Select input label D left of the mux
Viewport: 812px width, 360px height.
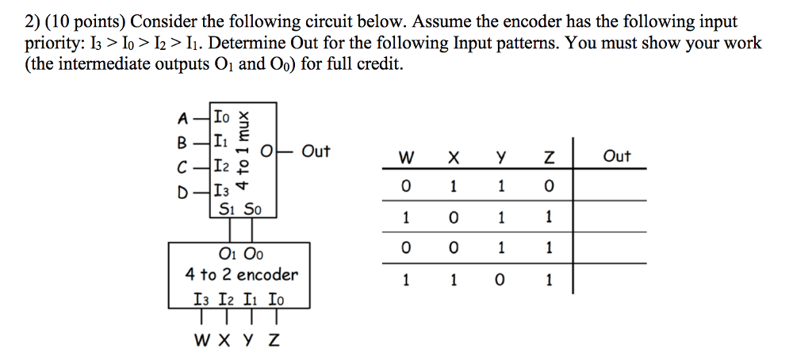pyautogui.click(x=184, y=191)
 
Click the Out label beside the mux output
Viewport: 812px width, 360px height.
pyautogui.click(x=316, y=151)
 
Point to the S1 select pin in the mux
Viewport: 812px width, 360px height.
pyautogui.click(x=225, y=210)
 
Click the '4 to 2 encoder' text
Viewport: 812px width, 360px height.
pyautogui.click(x=241, y=275)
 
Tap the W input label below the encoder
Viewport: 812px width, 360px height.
pyautogui.click(x=202, y=341)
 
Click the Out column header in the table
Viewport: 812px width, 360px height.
pyautogui.click(x=616, y=156)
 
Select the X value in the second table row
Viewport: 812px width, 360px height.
pyautogui.click(x=453, y=219)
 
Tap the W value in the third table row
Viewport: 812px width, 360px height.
pyautogui.click(x=407, y=250)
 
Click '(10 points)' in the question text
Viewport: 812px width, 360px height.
pyautogui.click(x=63, y=22)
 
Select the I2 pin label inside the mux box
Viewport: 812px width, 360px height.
pyautogui.click(x=224, y=167)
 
